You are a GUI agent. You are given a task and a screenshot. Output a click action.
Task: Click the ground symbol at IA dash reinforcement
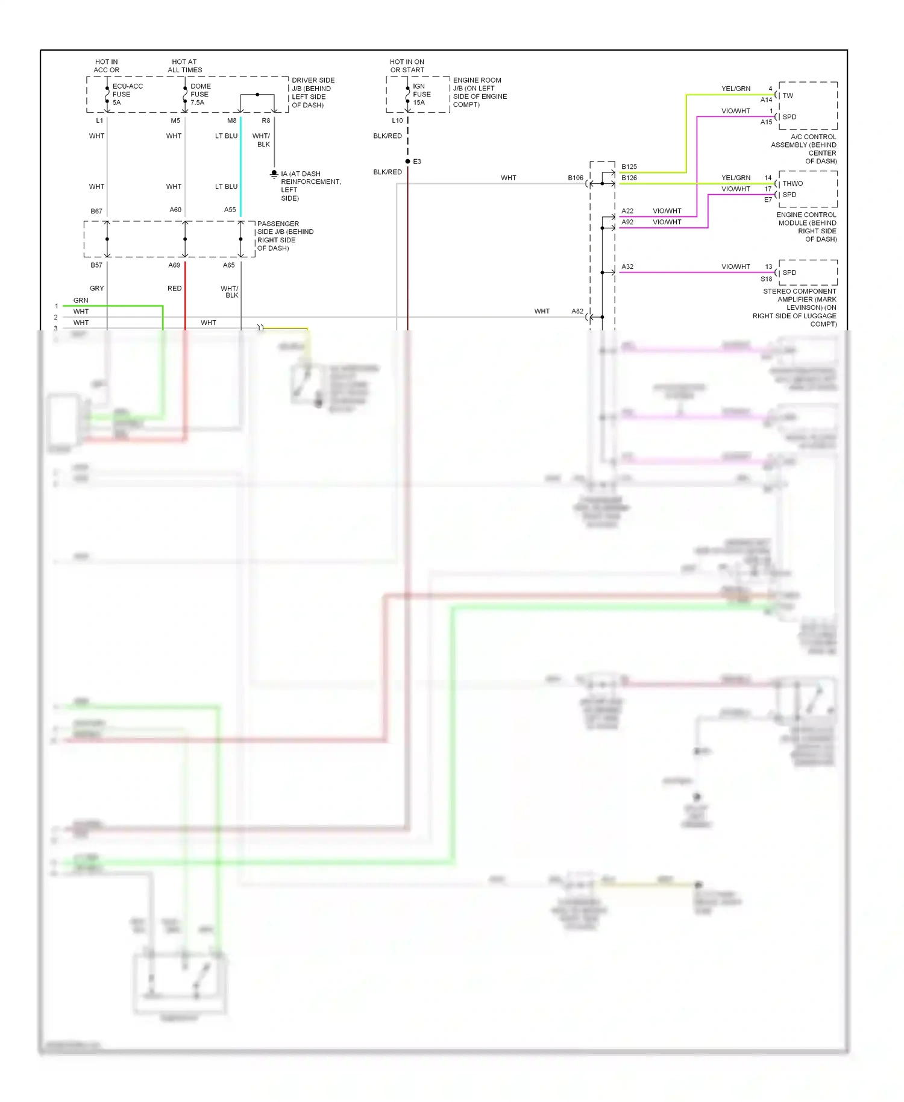(x=274, y=174)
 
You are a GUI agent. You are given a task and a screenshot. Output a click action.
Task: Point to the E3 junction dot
(x=408, y=162)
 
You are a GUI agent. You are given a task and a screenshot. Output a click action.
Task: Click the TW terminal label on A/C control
(x=788, y=96)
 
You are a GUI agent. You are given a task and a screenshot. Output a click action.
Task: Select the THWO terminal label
(x=793, y=184)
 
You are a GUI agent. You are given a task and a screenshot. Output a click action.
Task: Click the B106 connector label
(x=576, y=178)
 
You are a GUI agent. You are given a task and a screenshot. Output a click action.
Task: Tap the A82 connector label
(x=577, y=311)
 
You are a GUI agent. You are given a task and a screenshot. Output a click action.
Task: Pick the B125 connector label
(x=629, y=166)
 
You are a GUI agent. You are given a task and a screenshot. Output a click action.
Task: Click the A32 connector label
(x=627, y=266)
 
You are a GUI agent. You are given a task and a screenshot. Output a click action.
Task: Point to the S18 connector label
(x=766, y=279)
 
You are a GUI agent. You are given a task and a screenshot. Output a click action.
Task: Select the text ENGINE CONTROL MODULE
(x=806, y=219)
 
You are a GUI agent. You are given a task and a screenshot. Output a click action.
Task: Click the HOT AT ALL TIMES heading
(x=184, y=66)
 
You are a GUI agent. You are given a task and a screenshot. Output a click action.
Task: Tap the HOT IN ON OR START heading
(x=407, y=66)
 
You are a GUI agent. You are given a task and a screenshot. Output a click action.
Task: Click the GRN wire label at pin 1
(x=81, y=300)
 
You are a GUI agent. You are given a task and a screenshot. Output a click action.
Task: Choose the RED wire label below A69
(x=174, y=288)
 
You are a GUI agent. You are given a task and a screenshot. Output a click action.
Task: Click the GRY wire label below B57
(x=96, y=288)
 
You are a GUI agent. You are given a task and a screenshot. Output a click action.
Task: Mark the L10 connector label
(x=397, y=121)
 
